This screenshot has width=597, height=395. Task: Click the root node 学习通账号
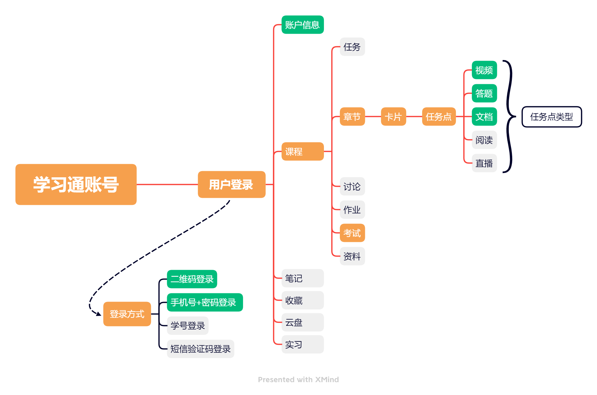[76, 184]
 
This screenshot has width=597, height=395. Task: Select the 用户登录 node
[231, 184]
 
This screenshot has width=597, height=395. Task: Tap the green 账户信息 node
[302, 25]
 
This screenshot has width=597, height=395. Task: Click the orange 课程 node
[302, 151]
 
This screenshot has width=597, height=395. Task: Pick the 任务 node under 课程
[352, 47]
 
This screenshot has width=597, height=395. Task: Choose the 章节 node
[352, 117]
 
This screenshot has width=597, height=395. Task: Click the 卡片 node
[393, 117]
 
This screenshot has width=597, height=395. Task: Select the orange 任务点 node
[439, 117]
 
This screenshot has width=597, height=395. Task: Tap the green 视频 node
[484, 70]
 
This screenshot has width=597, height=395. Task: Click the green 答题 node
[484, 93]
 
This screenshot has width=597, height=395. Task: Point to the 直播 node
[484, 163]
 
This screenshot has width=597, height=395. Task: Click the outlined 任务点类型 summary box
[552, 117]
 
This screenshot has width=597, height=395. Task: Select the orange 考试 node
[352, 233]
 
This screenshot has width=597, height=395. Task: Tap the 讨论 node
[352, 186]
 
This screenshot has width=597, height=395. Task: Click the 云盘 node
[302, 322]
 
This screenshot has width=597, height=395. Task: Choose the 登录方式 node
[127, 314]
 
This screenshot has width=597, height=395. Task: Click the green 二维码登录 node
[192, 279]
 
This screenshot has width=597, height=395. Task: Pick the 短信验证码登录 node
[201, 349]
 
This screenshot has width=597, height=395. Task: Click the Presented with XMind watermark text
[298, 380]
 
